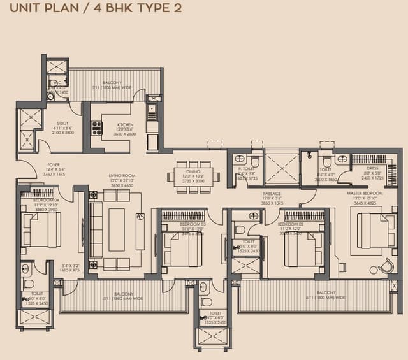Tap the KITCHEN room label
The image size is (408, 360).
(125, 125)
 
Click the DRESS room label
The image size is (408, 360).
(372, 169)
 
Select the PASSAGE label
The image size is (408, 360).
(272, 194)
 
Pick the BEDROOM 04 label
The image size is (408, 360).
(48, 200)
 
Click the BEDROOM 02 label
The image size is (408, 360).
(291, 225)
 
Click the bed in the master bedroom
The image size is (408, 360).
(372, 231)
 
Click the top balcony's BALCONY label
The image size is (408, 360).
(112, 83)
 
